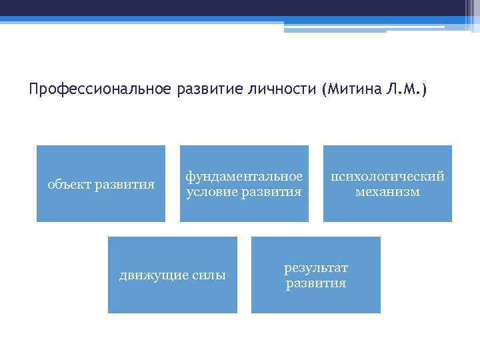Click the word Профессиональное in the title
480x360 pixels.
pos(101,89)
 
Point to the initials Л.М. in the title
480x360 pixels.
pos(403,89)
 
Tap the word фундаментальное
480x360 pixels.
pos(244,176)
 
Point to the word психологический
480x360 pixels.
pos(387,176)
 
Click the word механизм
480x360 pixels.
pos(387,192)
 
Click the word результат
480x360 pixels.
pos(315,267)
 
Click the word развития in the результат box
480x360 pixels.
pos(315,283)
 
